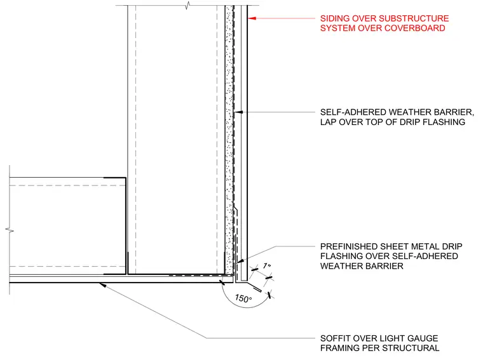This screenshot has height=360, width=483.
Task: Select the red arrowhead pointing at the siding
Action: pos(252,18)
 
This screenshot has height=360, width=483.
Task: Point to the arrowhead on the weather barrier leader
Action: pos(239,112)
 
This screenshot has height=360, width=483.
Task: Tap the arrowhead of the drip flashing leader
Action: pos(240,261)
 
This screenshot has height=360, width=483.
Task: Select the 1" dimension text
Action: pos(267,265)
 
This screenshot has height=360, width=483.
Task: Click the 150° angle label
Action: pos(243,298)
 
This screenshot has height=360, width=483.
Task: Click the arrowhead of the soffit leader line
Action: pos(103,285)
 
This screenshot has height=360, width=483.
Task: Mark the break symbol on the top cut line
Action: pos(187,6)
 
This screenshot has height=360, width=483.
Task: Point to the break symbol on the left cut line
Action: pos(10,230)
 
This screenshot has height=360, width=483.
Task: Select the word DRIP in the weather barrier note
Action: pos(410,122)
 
